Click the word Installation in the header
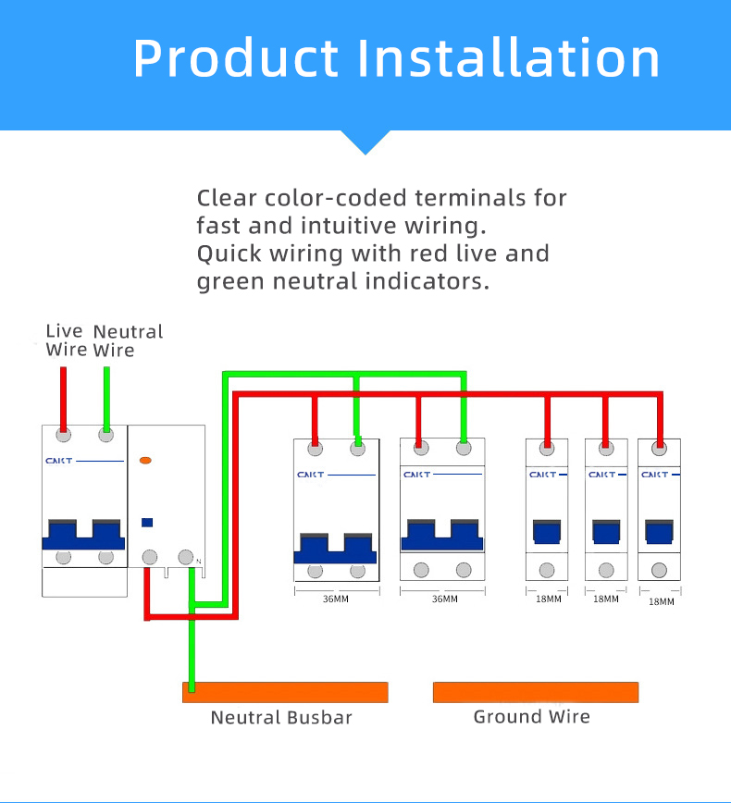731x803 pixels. point(508,58)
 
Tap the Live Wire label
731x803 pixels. point(65,340)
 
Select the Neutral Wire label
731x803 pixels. point(128,340)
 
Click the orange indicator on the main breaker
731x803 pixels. point(145,461)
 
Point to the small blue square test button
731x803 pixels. point(147,523)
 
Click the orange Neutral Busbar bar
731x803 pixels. point(285,692)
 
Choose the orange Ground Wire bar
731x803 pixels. point(536,692)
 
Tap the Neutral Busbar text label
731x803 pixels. point(281,718)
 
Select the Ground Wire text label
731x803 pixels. point(532,716)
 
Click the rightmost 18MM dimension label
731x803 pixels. point(662,601)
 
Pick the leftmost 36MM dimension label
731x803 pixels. point(336,599)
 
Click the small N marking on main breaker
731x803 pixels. point(199,562)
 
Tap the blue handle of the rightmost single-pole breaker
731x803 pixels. point(659,532)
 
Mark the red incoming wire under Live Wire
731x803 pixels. point(63,400)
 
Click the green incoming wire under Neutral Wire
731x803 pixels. point(106,400)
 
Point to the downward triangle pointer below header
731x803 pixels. point(365,142)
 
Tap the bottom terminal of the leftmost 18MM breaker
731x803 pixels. point(547,570)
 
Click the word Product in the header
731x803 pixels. point(236,58)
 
